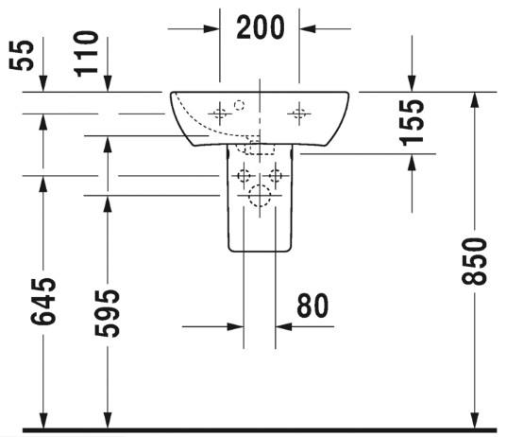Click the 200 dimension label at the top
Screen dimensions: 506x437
coord(261,27)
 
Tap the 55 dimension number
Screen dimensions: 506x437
coord(22,55)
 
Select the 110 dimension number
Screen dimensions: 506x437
coord(86,54)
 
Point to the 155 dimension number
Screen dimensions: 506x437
coord(412,123)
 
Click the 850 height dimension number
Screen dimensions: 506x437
coord(474,261)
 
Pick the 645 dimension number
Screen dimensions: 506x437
coord(43,301)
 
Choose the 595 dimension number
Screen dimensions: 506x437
coord(107,313)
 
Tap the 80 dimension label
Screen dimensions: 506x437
coord(312,306)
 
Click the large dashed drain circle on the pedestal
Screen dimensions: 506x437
coord(260,196)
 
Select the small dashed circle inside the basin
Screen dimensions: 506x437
coord(239,105)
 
